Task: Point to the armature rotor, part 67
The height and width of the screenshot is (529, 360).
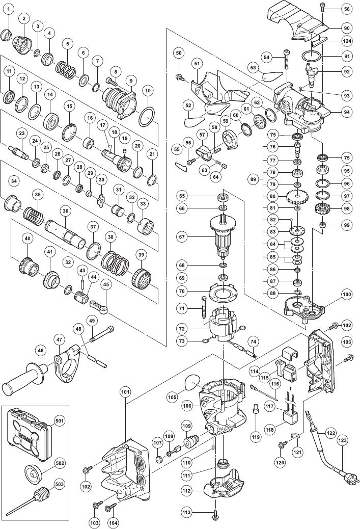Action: pos(223,236)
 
